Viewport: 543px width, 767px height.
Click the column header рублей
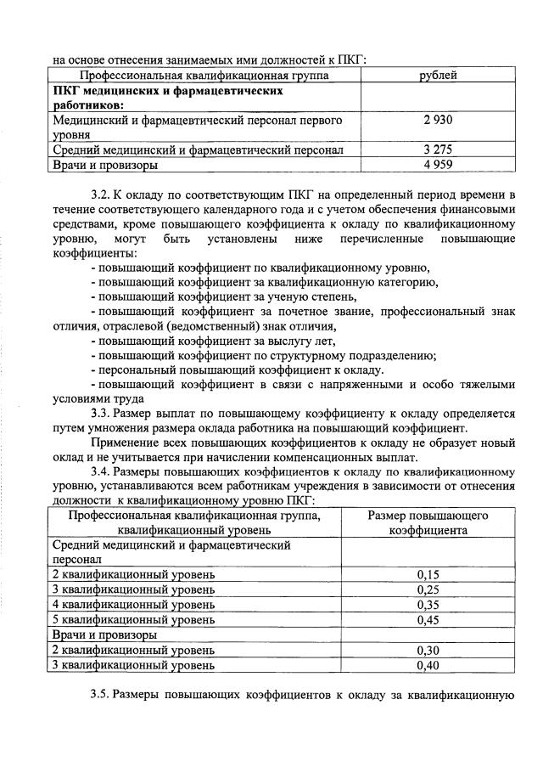tap(439, 76)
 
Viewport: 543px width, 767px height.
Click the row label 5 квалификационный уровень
tap(134, 620)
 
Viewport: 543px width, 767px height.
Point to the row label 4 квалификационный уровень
tap(134, 605)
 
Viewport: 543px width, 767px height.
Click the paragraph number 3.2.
tap(101, 195)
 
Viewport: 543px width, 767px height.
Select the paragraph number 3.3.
tap(101, 414)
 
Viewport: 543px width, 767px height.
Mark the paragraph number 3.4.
tap(101, 471)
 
